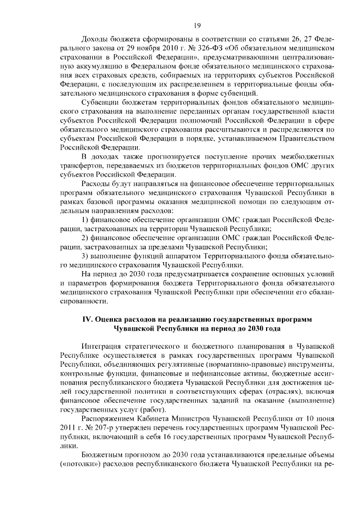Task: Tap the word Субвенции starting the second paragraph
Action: [101, 103]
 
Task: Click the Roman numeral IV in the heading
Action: [88, 318]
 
